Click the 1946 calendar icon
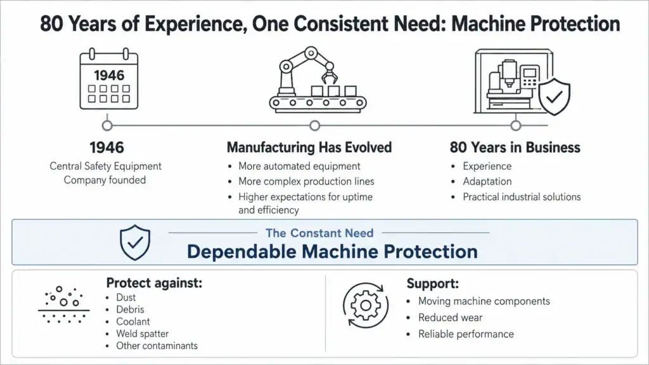109,79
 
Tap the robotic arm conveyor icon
318,80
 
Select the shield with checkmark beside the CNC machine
555,96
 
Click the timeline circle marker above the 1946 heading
107,125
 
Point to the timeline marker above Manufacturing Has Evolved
315,125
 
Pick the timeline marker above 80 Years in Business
516,125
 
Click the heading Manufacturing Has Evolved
309,147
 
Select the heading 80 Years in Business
515,147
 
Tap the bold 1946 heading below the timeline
106,147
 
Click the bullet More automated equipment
299,166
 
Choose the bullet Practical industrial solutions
522,197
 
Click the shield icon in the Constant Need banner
135,243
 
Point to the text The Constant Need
319,233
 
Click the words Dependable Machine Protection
332,252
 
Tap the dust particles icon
64,305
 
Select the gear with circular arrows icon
366,305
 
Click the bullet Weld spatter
143,333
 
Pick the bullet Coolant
133,321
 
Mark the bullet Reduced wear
451,317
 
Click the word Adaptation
487,182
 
